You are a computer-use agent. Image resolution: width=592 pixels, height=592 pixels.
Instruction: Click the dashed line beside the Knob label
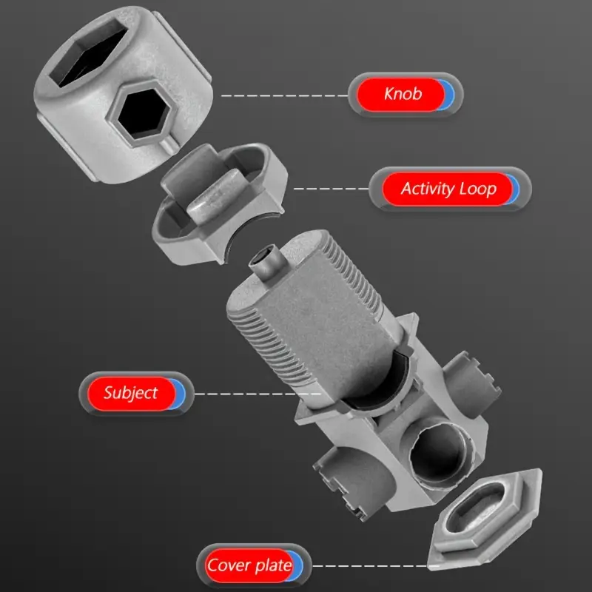tap(284, 96)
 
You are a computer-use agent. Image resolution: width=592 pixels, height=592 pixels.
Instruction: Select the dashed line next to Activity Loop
tap(331, 189)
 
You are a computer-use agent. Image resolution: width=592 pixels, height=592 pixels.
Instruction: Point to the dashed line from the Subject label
tap(258, 394)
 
